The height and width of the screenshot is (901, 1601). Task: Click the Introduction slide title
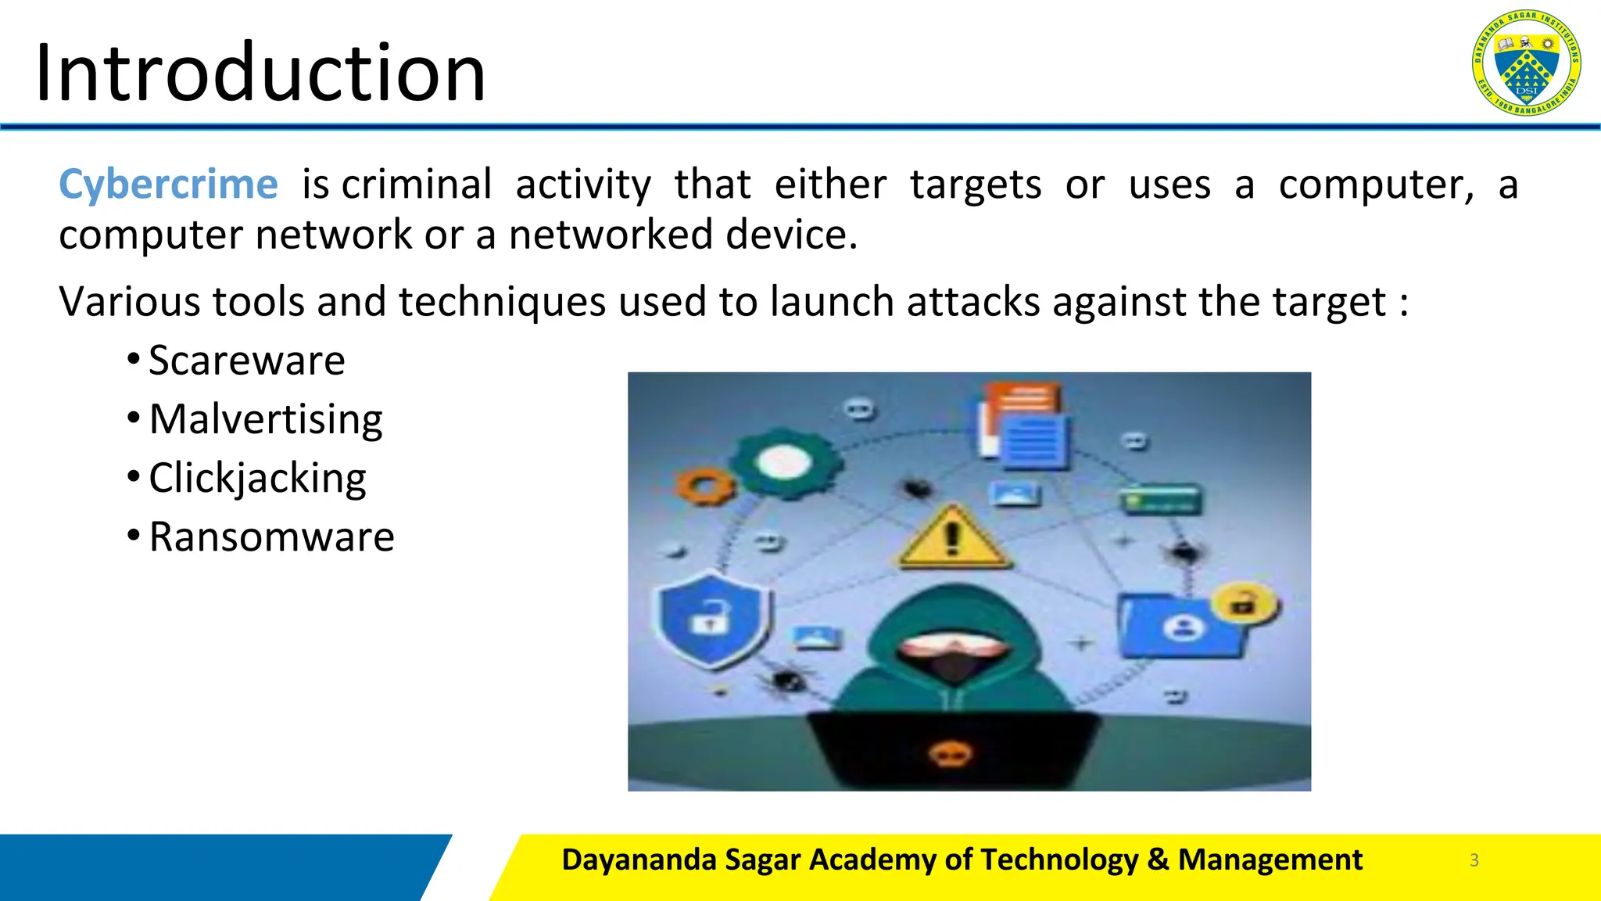tap(260, 72)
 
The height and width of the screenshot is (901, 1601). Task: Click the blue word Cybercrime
tap(168, 185)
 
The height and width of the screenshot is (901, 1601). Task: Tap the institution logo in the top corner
tap(1525, 63)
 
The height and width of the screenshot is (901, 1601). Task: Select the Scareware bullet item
tap(246, 361)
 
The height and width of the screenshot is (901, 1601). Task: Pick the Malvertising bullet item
tap(266, 419)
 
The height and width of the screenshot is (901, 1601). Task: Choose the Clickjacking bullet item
tap(257, 478)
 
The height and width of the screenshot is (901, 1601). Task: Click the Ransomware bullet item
tap(271, 537)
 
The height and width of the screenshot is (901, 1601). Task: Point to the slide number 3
tap(1474, 860)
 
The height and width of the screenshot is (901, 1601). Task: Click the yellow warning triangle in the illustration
tap(952, 538)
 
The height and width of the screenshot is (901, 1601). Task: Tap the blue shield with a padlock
tap(710, 618)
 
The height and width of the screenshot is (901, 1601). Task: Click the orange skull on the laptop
tap(950, 754)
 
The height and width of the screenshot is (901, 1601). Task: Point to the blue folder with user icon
tap(1181, 626)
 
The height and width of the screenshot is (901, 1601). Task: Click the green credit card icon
tap(1159, 500)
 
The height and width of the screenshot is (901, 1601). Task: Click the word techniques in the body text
tap(502, 302)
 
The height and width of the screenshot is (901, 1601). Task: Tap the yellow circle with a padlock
tap(1244, 604)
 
